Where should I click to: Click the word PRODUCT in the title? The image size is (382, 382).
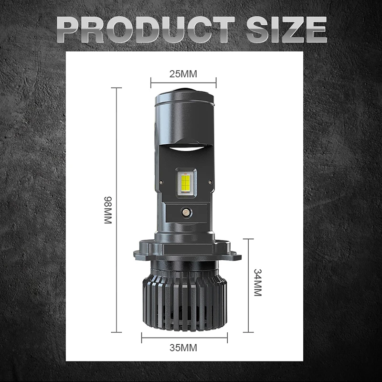coord(146,30)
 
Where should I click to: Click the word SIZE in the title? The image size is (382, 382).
coord(286,30)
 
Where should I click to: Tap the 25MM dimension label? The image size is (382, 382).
coord(183,74)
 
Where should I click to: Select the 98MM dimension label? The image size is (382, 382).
coord(108,210)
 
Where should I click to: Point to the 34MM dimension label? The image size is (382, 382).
coord(258,283)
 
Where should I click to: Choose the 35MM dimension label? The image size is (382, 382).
coord(183,348)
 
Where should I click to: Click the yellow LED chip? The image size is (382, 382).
coord(186,182)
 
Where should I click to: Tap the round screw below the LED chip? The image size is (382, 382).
coord(186,212)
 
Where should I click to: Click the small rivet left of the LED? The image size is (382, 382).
coord(161,182)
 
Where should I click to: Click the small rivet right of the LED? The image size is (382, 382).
coord(211,182)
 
